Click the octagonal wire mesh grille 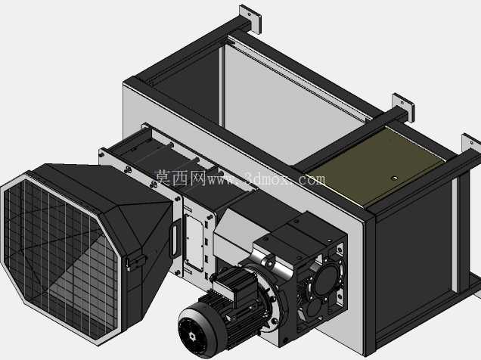(60, 257)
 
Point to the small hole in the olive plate (395, 178)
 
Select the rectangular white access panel (194, 242)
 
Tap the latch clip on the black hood (135, 262)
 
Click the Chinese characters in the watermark (180, 178)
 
